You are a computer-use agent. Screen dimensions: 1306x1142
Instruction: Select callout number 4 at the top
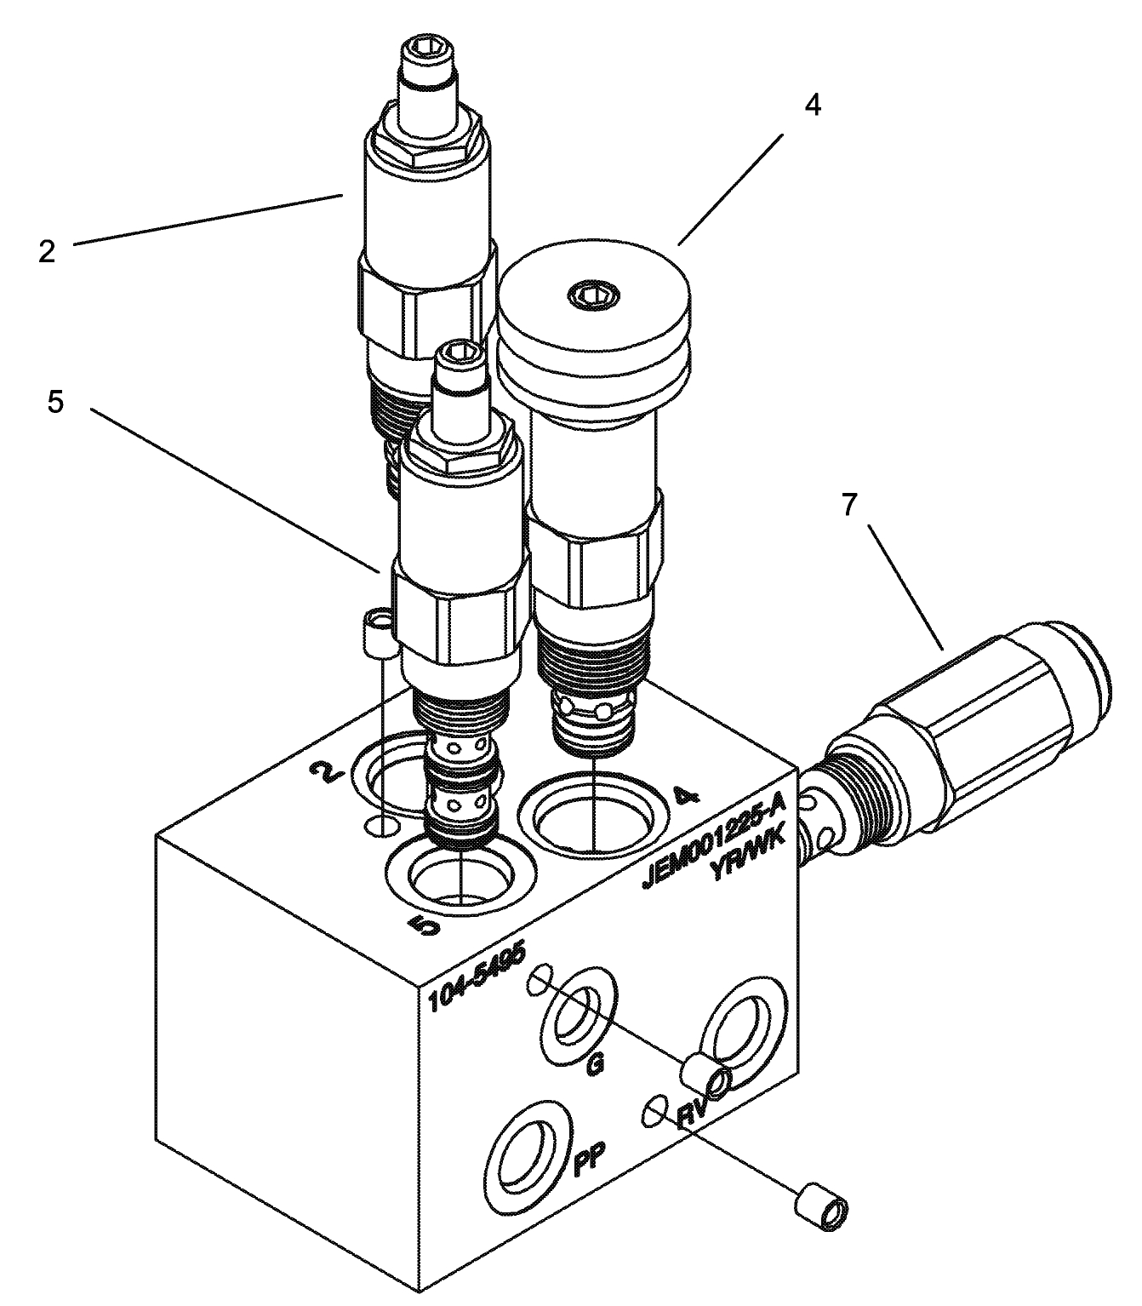tap(813, 106)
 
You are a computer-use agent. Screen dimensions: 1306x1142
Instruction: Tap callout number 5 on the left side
tap(55, 402)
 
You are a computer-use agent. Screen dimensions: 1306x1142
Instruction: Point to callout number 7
tap(848, 506)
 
